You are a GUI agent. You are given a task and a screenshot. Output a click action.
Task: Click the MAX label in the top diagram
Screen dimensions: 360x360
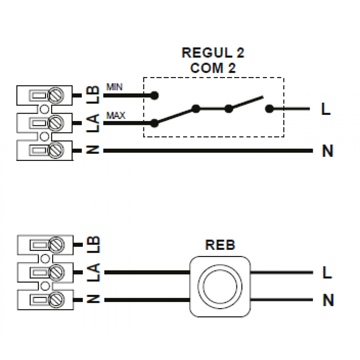pyautogui.click(x=116, y=116)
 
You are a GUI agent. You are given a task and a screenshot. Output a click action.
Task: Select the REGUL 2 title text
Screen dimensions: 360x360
pyautogui.click(x=213, y=53)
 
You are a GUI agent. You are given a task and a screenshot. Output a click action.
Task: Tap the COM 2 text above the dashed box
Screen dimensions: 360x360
pyautogui.click(x=213, y=68)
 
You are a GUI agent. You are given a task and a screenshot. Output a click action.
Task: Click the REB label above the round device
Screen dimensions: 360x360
pyautogui.click(x=220, y=245)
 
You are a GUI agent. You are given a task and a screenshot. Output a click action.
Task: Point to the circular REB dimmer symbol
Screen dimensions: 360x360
pyautogui.click(x=220, y=286)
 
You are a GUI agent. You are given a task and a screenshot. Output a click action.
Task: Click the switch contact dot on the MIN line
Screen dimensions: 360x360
pyautogui.click(x=154, y=95)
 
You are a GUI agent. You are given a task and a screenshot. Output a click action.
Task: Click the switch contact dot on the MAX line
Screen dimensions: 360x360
pyautogui.click(x=154, y=123)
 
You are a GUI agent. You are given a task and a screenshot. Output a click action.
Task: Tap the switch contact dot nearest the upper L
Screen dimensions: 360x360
pyautogui.click(x=268, y=108)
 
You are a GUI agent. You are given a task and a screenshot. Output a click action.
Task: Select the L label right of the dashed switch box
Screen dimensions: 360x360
pyautogui.click(x=326, y=109)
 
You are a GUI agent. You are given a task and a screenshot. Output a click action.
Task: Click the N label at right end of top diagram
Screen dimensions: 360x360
pyautogui.click(x=327, y=151)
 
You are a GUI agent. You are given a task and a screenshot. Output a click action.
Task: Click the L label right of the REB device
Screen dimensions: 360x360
pyautogui.click(x=327, y=273)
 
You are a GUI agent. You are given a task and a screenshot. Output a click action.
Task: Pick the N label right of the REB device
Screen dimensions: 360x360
pyautogui.click(x=328, y=300)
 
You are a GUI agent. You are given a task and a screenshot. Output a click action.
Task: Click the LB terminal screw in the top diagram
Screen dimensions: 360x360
pyautogui.click(x=57, y=95)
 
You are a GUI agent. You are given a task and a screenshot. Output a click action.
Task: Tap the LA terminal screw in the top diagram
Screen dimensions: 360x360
pyautogui.click(x=57, y=123)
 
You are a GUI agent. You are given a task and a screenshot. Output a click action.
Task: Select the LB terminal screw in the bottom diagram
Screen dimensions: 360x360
pyautogui.click(x=57, y=245)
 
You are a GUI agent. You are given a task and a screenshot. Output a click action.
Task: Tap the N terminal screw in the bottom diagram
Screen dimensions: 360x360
pyautogui.click(x=57, y=299)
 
